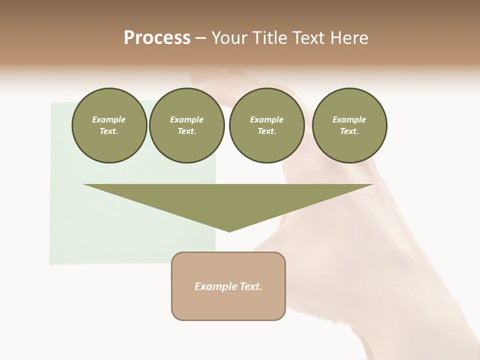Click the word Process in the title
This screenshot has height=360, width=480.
tap(157, 38)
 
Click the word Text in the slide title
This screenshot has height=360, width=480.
tap(309, 38)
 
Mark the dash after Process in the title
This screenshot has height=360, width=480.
tap(201, 38)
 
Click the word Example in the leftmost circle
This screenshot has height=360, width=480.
tap(109, 119)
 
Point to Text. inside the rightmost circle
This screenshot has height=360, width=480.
tap(349, 131)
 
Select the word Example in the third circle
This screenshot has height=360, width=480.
tap(266, 119)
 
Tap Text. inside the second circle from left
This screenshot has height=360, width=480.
tap(186, 131)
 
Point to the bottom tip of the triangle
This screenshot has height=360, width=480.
tap(229, 230)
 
